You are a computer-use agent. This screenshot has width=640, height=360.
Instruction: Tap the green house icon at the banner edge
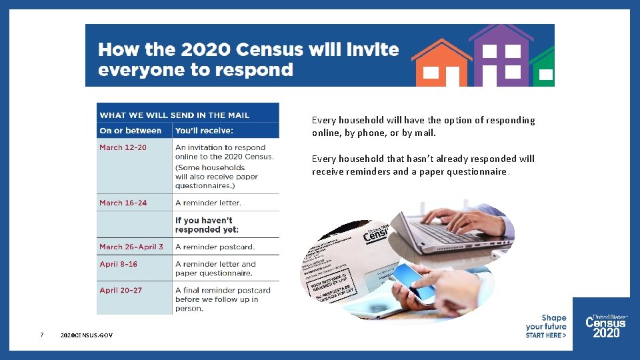(x=544, y=69)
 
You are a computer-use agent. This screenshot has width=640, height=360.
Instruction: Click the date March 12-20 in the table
(x=123, y=147)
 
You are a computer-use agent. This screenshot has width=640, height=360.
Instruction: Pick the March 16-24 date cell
(x=123, y=203)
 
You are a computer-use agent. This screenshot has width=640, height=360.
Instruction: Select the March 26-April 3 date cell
(x=131, y=247)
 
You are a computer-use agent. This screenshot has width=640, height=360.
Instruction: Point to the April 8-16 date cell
(x=119, y=264)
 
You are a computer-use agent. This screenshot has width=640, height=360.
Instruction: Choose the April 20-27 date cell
(x=121, y=290)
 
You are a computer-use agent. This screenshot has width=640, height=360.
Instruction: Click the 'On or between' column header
(x=131, y=131)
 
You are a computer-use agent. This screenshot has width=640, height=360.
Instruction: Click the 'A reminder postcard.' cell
(x=215, y=247)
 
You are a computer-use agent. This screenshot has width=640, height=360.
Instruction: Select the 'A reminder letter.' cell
(x=208, y=203)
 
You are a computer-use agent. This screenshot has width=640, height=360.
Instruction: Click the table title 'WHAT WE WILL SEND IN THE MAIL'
(x=174, y=115)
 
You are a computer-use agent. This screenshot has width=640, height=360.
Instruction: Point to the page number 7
(x=42, y=335)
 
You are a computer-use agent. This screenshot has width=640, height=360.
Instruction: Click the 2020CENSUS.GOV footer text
(x=86, y=335)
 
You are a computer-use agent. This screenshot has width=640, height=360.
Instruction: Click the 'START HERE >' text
(x=545, y=335)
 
